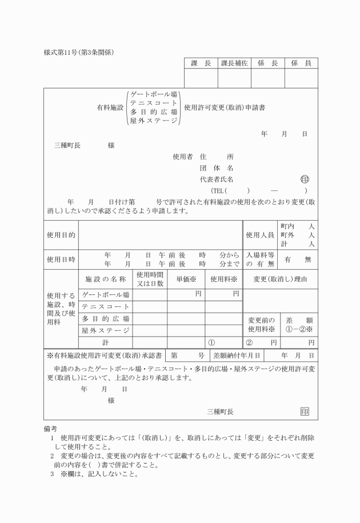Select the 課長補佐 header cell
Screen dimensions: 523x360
234,63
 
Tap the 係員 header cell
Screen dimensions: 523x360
301,63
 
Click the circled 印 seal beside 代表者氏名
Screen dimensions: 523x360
305,179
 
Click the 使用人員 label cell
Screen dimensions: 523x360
260,235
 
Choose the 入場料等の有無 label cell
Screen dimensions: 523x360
260,259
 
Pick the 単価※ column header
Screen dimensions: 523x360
186,279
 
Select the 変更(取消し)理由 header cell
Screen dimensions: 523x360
280,279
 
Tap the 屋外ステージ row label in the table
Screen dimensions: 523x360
106,330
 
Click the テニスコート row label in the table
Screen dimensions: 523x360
106,307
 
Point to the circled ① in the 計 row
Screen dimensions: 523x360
211,342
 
